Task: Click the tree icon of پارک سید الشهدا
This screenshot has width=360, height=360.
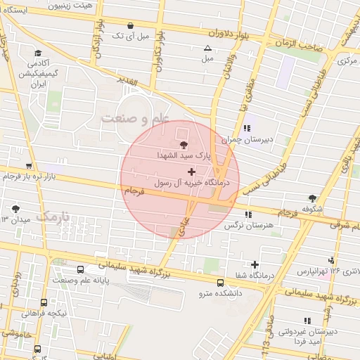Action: (184, 143)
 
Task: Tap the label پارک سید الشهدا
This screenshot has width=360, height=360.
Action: (184, 153)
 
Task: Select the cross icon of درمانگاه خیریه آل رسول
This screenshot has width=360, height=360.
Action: (191, 172)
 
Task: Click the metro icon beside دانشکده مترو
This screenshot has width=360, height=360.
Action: (221, 283)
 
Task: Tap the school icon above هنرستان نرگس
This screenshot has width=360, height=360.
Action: (247, 214)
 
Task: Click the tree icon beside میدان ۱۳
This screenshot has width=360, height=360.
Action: (16, 208)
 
